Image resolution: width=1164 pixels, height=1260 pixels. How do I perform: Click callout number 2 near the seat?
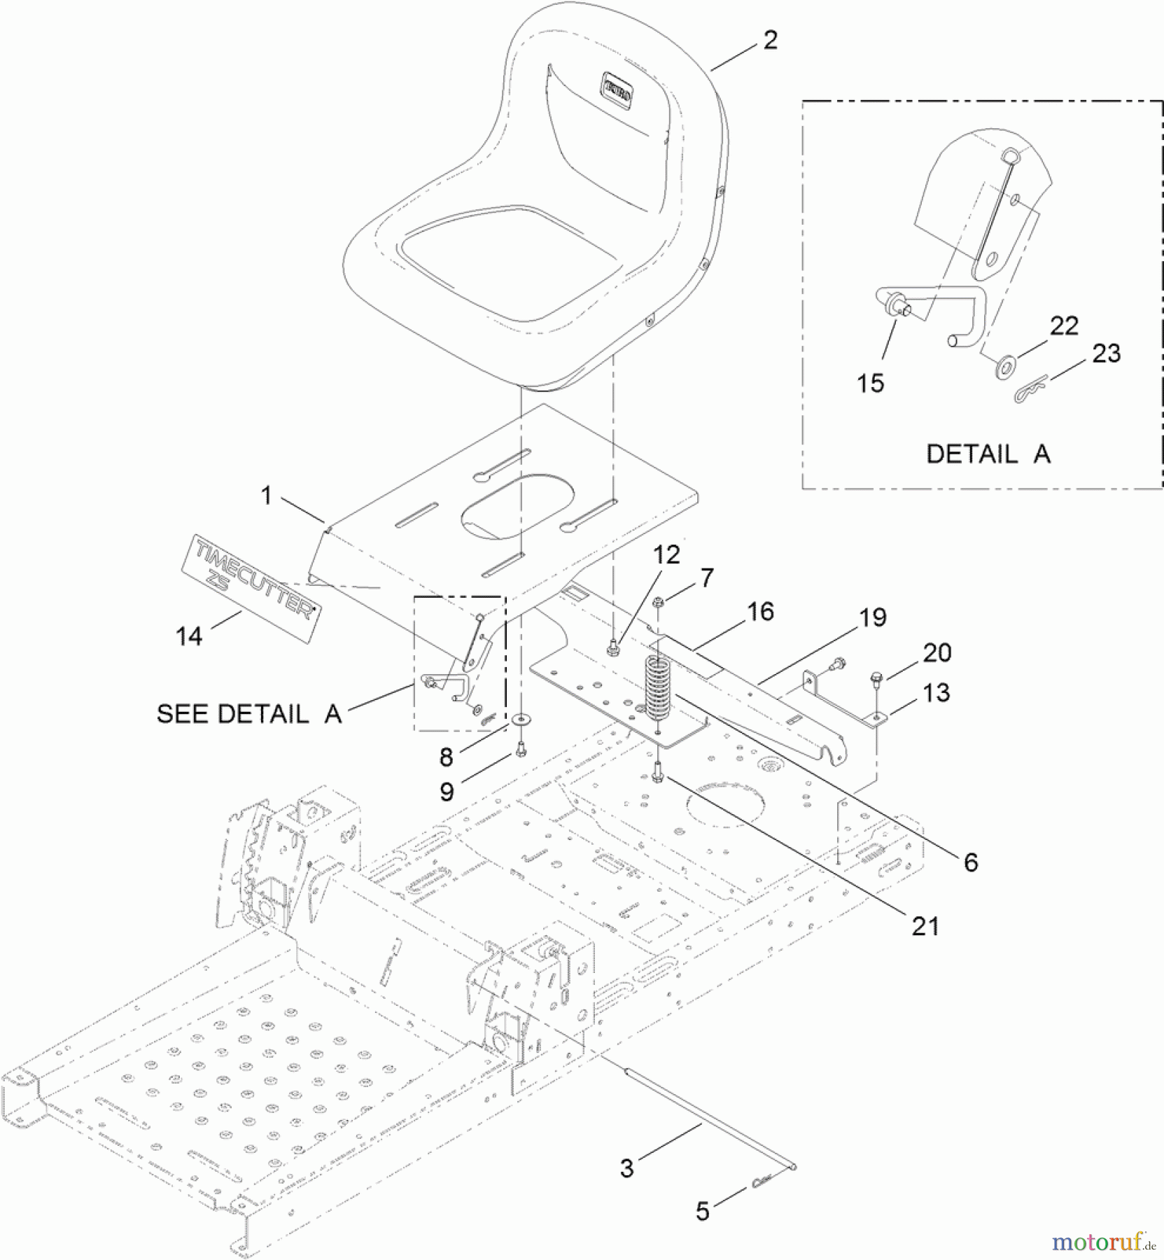(x=770, y=40)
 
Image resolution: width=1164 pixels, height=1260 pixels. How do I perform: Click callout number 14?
(x=189, y=636)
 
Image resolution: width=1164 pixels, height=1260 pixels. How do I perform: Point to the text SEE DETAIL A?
(x=249, y=714)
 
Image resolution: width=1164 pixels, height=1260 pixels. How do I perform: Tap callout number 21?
(x=925, y=926)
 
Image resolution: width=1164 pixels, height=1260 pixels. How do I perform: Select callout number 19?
(x=872, y=617)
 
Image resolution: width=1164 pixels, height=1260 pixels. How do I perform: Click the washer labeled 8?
(x=521, y=719)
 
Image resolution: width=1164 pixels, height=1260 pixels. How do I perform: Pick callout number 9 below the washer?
(x=447, y=792)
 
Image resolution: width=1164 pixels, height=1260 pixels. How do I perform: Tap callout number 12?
(x=666, y=555)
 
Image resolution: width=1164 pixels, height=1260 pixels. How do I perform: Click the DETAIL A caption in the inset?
(x=988, y=454)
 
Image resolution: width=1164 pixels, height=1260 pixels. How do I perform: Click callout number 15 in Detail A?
(x=871, y=383)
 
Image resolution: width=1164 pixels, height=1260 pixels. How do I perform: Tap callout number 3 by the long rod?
(x=626, y=1168)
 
